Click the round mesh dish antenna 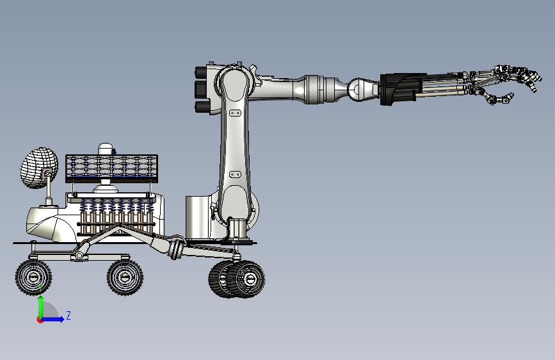click(x=38, y=167)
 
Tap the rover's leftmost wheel click(x=33, y=277)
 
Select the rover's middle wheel click(x=125, y=277)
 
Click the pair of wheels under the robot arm click(x=236, y=279)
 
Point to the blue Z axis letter click(x=68, y=315)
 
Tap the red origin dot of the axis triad click(x=40, y=320)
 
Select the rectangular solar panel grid click(x=111, y=168)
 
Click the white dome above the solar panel click(x=106, y=149)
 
